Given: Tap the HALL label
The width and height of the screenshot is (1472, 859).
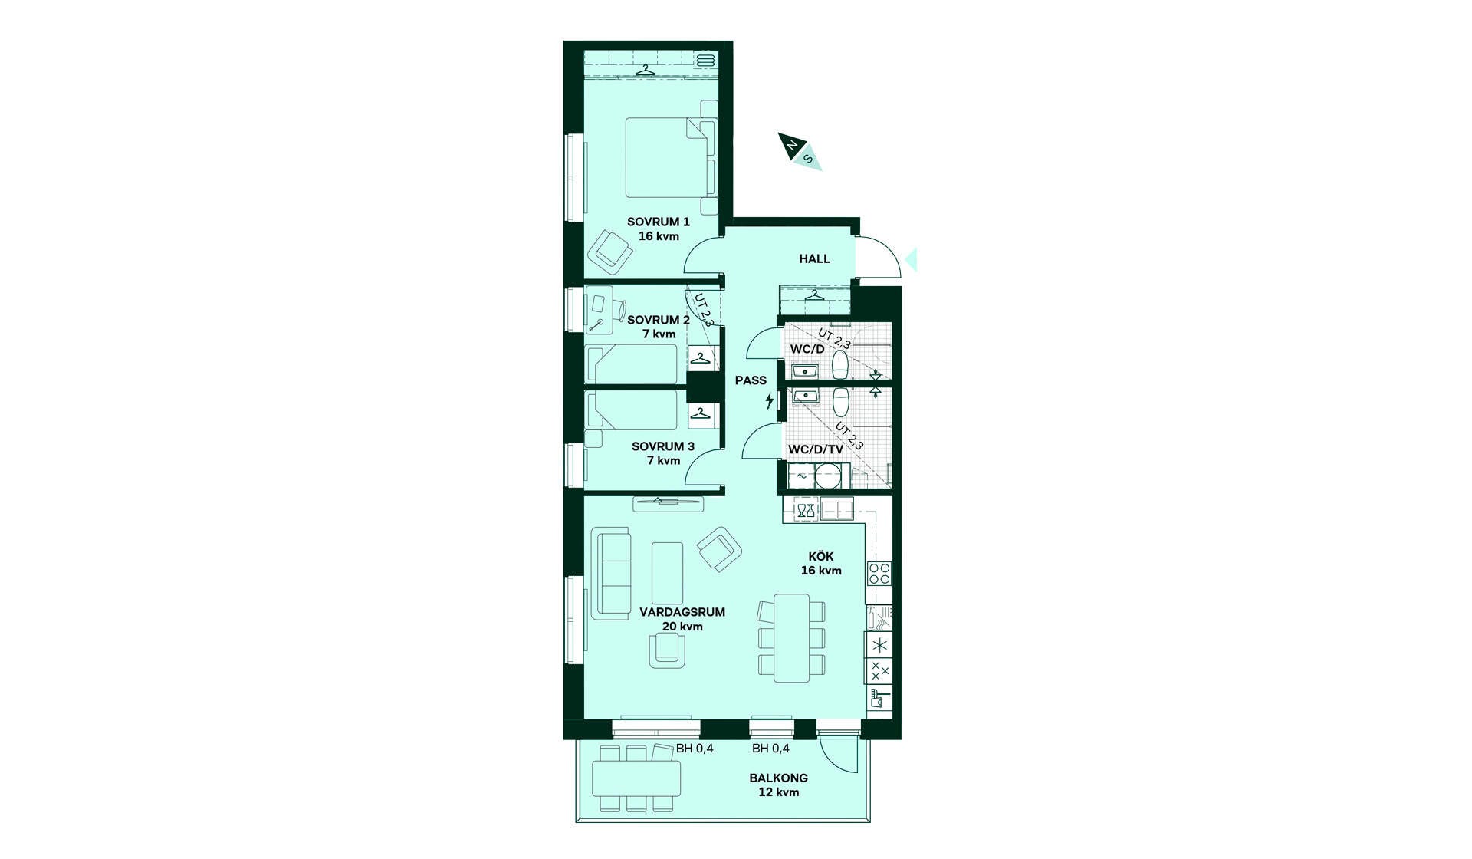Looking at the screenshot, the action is (x=814, y=259).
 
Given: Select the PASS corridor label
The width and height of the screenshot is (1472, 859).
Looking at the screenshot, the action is (x=751, y=380).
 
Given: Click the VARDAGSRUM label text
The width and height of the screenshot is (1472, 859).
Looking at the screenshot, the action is (x=682, y=612).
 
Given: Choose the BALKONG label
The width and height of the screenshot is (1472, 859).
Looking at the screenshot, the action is (x=779, y=778).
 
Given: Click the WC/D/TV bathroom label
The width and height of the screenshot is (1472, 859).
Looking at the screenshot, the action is (x=816, y=449).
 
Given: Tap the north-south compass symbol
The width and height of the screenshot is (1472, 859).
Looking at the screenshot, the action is (x=800, y=151).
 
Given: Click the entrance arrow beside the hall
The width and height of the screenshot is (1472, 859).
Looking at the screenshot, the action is (x=911, y=260).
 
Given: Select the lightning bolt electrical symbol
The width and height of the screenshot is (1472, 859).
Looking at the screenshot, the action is (x=770, y=400).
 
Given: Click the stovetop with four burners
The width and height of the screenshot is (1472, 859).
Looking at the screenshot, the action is (x=879, y=574).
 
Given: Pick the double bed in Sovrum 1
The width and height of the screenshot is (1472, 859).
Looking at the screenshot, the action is (x=669, y=157).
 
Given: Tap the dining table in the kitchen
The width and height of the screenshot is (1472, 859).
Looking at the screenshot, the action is (x=792, y=638).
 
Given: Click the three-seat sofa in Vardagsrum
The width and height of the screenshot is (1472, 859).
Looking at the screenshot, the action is (x=611, y=573).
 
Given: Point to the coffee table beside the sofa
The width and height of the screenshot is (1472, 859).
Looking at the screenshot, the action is (x=667, y=573).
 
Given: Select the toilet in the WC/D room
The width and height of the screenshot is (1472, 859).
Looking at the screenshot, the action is (x=841, y=366).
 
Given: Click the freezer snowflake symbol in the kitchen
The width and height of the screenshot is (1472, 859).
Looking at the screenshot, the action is (x=879, y=645).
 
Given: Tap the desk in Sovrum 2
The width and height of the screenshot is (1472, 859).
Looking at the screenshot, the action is (x=599, y=310).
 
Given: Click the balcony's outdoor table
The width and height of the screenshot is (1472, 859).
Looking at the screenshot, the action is (x=636, y=778).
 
